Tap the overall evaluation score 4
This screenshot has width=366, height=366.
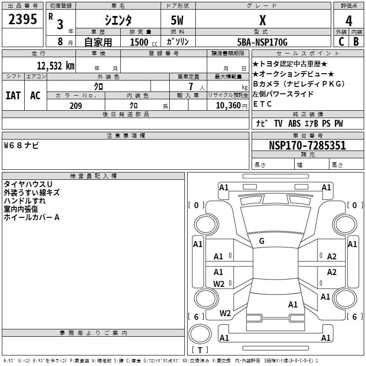pyautogui.click(x=349, y=21)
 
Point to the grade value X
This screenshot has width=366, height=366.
pyautogui.click(x=262, y=20)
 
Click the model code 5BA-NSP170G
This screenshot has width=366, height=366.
pyautogui.click(x=263, y=42)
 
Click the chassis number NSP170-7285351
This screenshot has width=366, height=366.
pyautogui.click(x=307, y=145)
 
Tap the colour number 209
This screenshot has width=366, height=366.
pyautogui.click(x=75, y=106)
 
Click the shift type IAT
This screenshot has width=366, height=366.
pyautogui.click(x=13, y=95)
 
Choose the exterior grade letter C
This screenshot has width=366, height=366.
pyautogui.click(x=341, y=42)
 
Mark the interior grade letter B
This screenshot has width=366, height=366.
pyautogui.click(x=356, y=42)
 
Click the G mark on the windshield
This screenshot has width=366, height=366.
pyautogui.click(x=262, y=241)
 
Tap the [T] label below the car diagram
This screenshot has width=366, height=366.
pyautogui.click(x=200, y=350)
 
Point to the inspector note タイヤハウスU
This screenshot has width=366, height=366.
pyautogui.click(x=28, y=184)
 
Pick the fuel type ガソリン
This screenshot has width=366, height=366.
pyautogui.click(x=178, y=42)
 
